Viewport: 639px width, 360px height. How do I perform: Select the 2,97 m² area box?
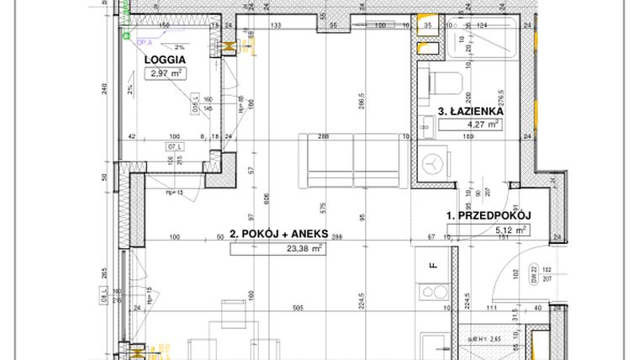pyautogui.click(x=166, y=73)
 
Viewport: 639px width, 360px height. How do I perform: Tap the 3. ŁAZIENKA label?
pyautogui.click(x=471, y=110)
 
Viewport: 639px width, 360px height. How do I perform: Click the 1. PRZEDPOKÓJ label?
pyautogui.click(x=488, y=215)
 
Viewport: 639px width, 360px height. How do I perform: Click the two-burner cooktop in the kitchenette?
pyautogui.click(x=435, y=295)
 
